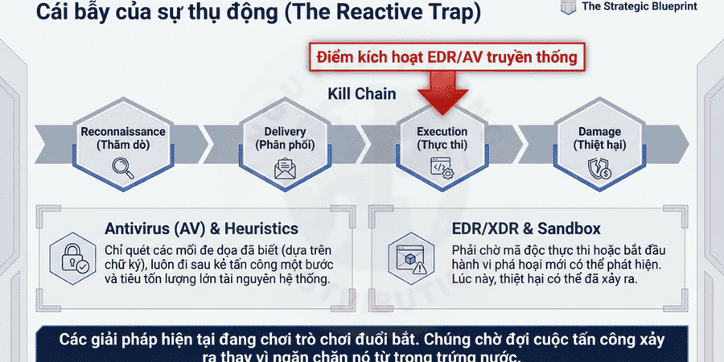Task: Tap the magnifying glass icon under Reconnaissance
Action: [123, 168]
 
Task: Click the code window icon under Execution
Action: [442, 168]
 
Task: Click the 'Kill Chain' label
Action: [361, 93]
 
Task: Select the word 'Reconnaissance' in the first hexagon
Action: [123, 131]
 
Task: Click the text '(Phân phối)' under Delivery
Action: [284, 145]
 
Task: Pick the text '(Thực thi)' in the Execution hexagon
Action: [442, 145]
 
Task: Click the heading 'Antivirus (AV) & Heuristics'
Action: [201, 229]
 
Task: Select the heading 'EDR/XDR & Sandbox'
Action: [526, 229]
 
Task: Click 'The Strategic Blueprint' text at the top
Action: [640, 6]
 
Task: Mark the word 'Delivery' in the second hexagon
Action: [284, 131]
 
